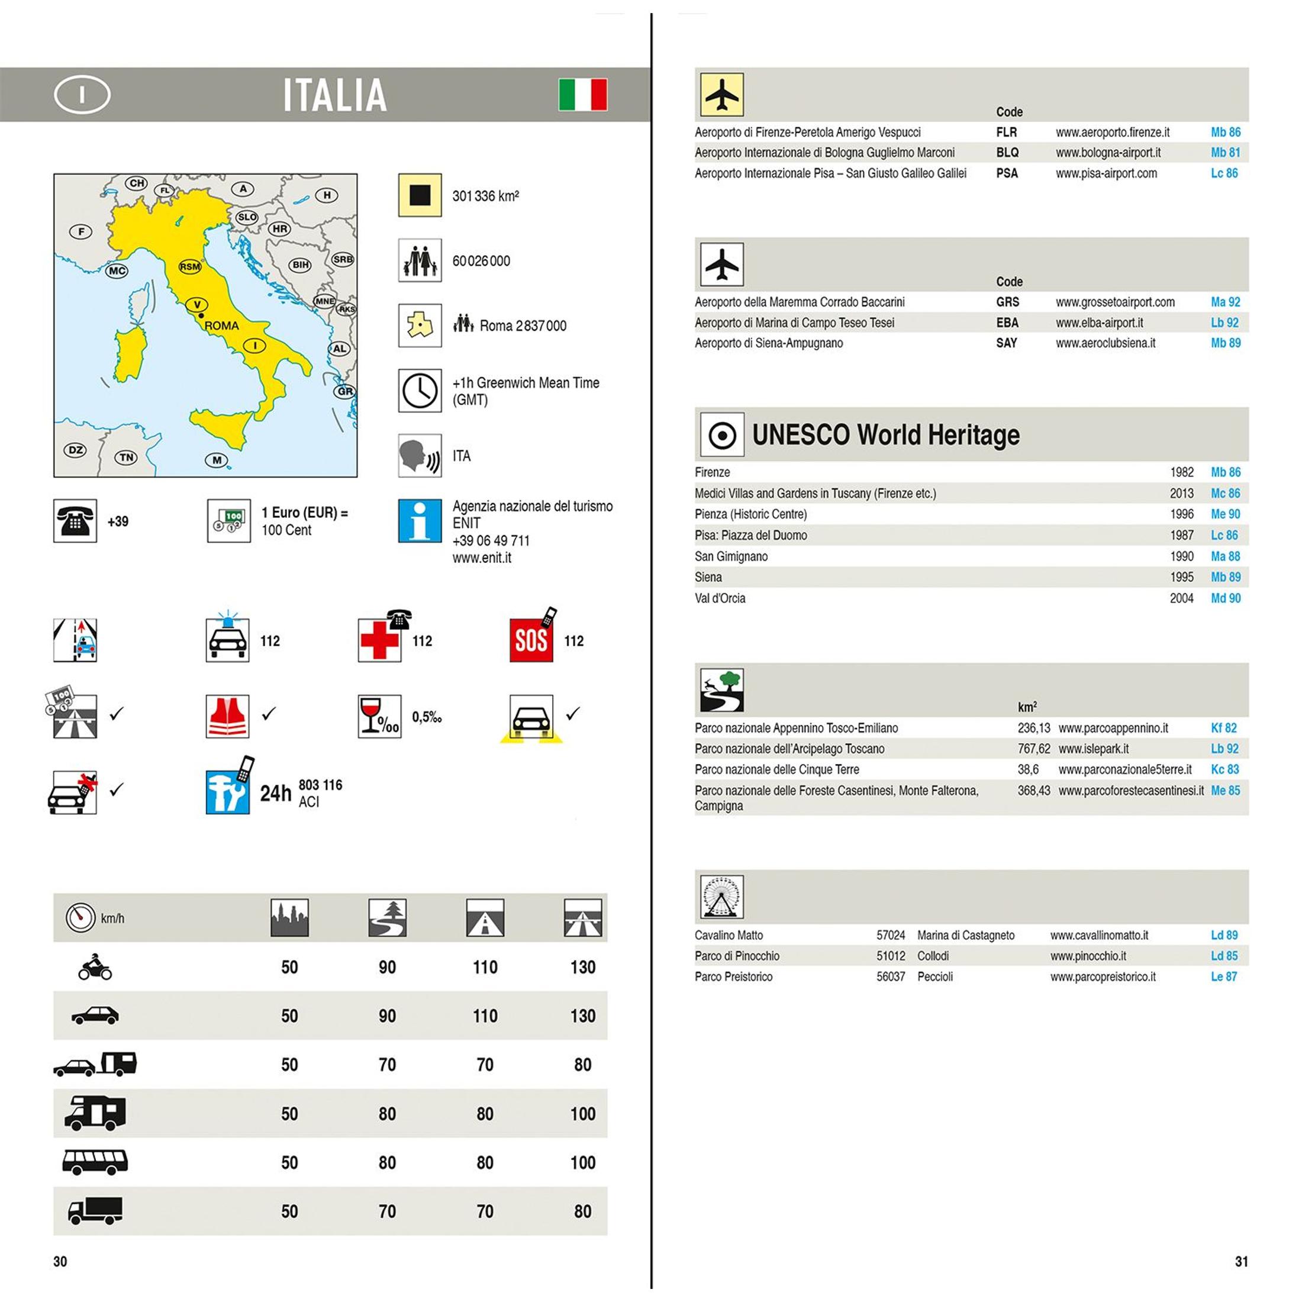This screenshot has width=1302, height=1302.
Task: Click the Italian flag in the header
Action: (582, 94)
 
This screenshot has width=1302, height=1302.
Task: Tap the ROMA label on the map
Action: (221, 325)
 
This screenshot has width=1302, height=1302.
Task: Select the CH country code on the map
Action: (137, 183)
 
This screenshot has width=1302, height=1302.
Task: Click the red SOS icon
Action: (531, 640)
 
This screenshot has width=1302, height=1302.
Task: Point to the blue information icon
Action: (419, 520)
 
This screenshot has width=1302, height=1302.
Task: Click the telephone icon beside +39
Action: (75, 521)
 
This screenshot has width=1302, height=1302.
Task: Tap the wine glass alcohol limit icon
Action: (379, 716)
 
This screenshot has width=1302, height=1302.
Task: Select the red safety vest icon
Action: (227, 716)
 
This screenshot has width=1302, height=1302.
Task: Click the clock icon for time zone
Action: (419, 390)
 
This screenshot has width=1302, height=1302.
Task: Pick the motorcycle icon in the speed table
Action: (95, 967)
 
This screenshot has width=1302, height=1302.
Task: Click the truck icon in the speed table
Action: (95, 1210)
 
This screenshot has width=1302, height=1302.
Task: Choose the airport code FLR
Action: (1006, 132)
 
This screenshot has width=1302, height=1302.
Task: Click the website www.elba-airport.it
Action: (1099, 323)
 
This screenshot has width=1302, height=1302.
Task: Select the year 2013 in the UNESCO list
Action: (1181, 494)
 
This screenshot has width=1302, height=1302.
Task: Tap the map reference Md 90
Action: (1225, 598)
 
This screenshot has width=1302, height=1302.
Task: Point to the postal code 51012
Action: (890, 956)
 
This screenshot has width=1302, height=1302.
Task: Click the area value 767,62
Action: (1033, 749)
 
